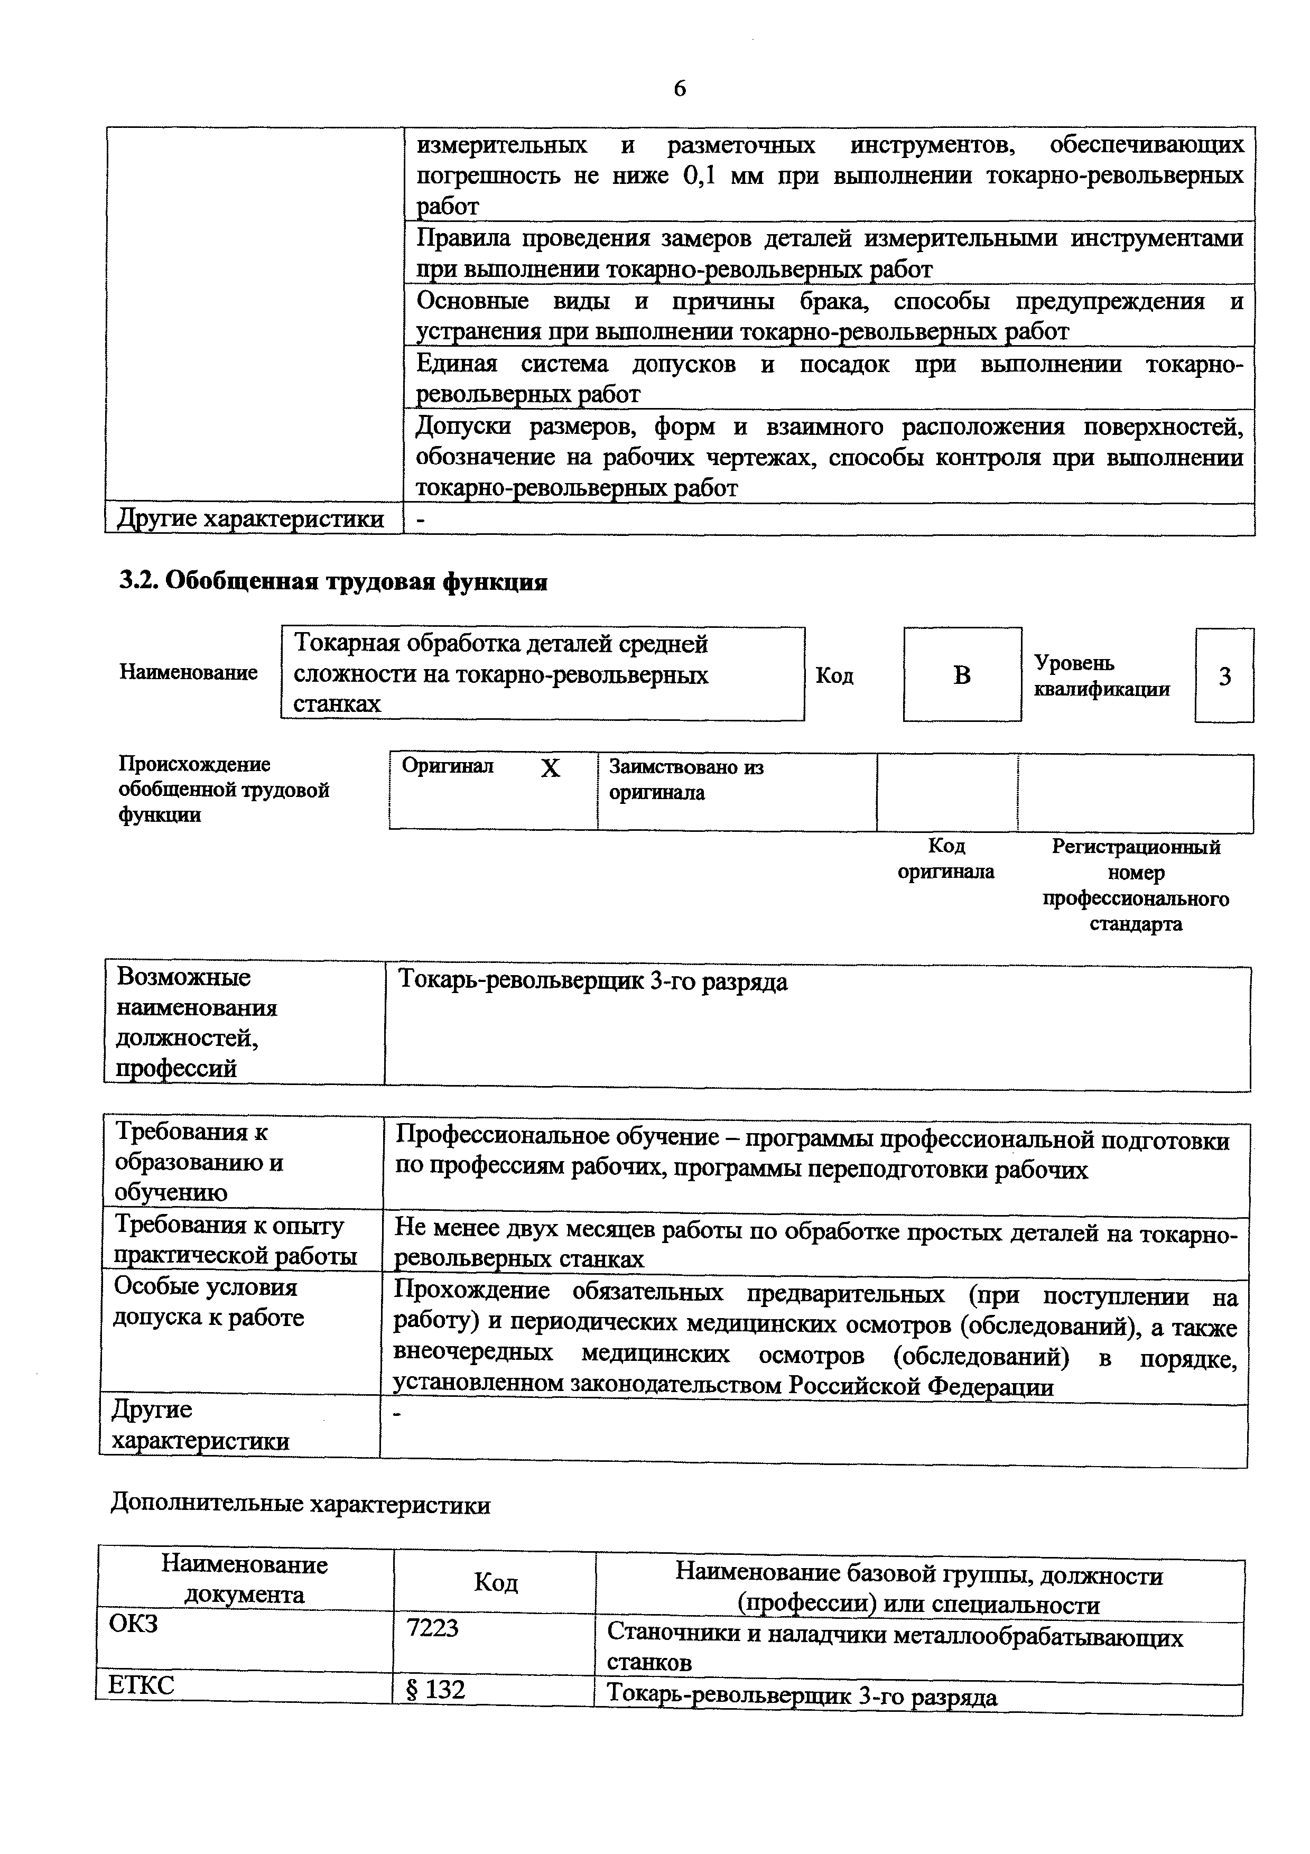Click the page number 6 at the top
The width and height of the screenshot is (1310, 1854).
680,88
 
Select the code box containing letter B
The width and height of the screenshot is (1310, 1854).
961,675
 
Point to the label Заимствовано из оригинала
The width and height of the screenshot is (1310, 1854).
685,779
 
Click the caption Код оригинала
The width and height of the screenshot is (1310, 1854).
945,858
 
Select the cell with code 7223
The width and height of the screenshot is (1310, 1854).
433,1628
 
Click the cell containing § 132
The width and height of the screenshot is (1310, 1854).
436,1690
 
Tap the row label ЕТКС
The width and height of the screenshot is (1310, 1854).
141,1685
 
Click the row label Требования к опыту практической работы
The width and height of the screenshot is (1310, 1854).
235,1239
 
